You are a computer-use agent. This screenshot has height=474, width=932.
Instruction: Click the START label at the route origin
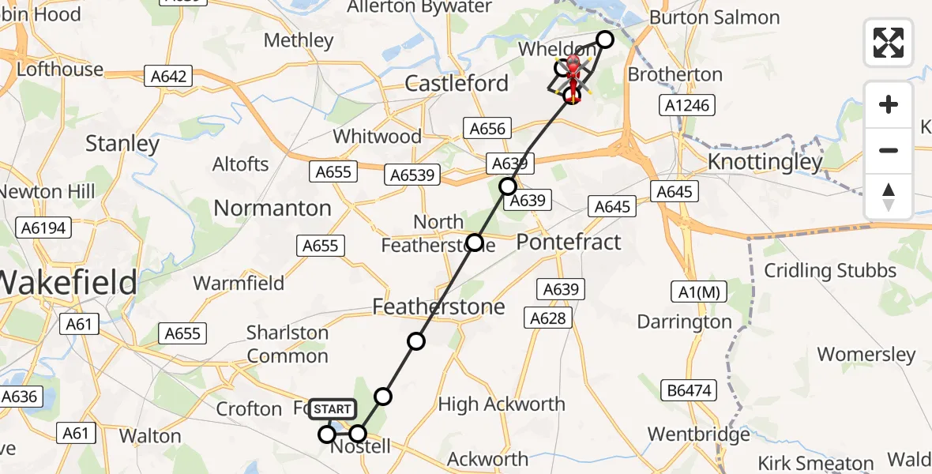(x=333, y=409)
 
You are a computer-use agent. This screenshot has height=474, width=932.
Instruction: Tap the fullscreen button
(x=889, y=43)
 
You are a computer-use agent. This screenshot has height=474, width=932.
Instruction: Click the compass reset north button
(x=889, y=197)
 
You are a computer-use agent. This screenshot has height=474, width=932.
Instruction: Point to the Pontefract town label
(x=569, y=242)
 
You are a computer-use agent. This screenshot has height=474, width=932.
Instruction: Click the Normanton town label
(x=272, y=208)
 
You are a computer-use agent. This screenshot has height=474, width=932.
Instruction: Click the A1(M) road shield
(x=697, y=292)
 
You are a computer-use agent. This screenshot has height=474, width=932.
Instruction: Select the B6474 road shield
(x=684, y=389)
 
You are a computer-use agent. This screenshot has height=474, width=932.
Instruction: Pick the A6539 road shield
(x=412, y=175)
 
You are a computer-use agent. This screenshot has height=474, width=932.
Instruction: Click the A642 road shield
(x=169, y=76)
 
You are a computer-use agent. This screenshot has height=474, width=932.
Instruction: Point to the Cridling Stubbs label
(x=830, y=271)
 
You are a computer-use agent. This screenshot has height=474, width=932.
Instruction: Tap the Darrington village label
(x=684, y=322)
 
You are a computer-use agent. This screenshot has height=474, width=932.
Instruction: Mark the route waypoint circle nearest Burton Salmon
(x=605, y=39)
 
